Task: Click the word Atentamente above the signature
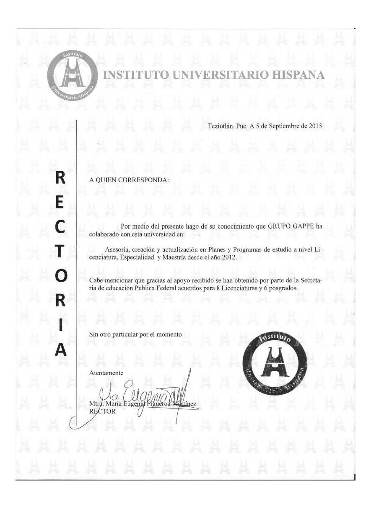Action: tap(106, 373)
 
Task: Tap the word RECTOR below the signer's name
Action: tap(102, 411)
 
